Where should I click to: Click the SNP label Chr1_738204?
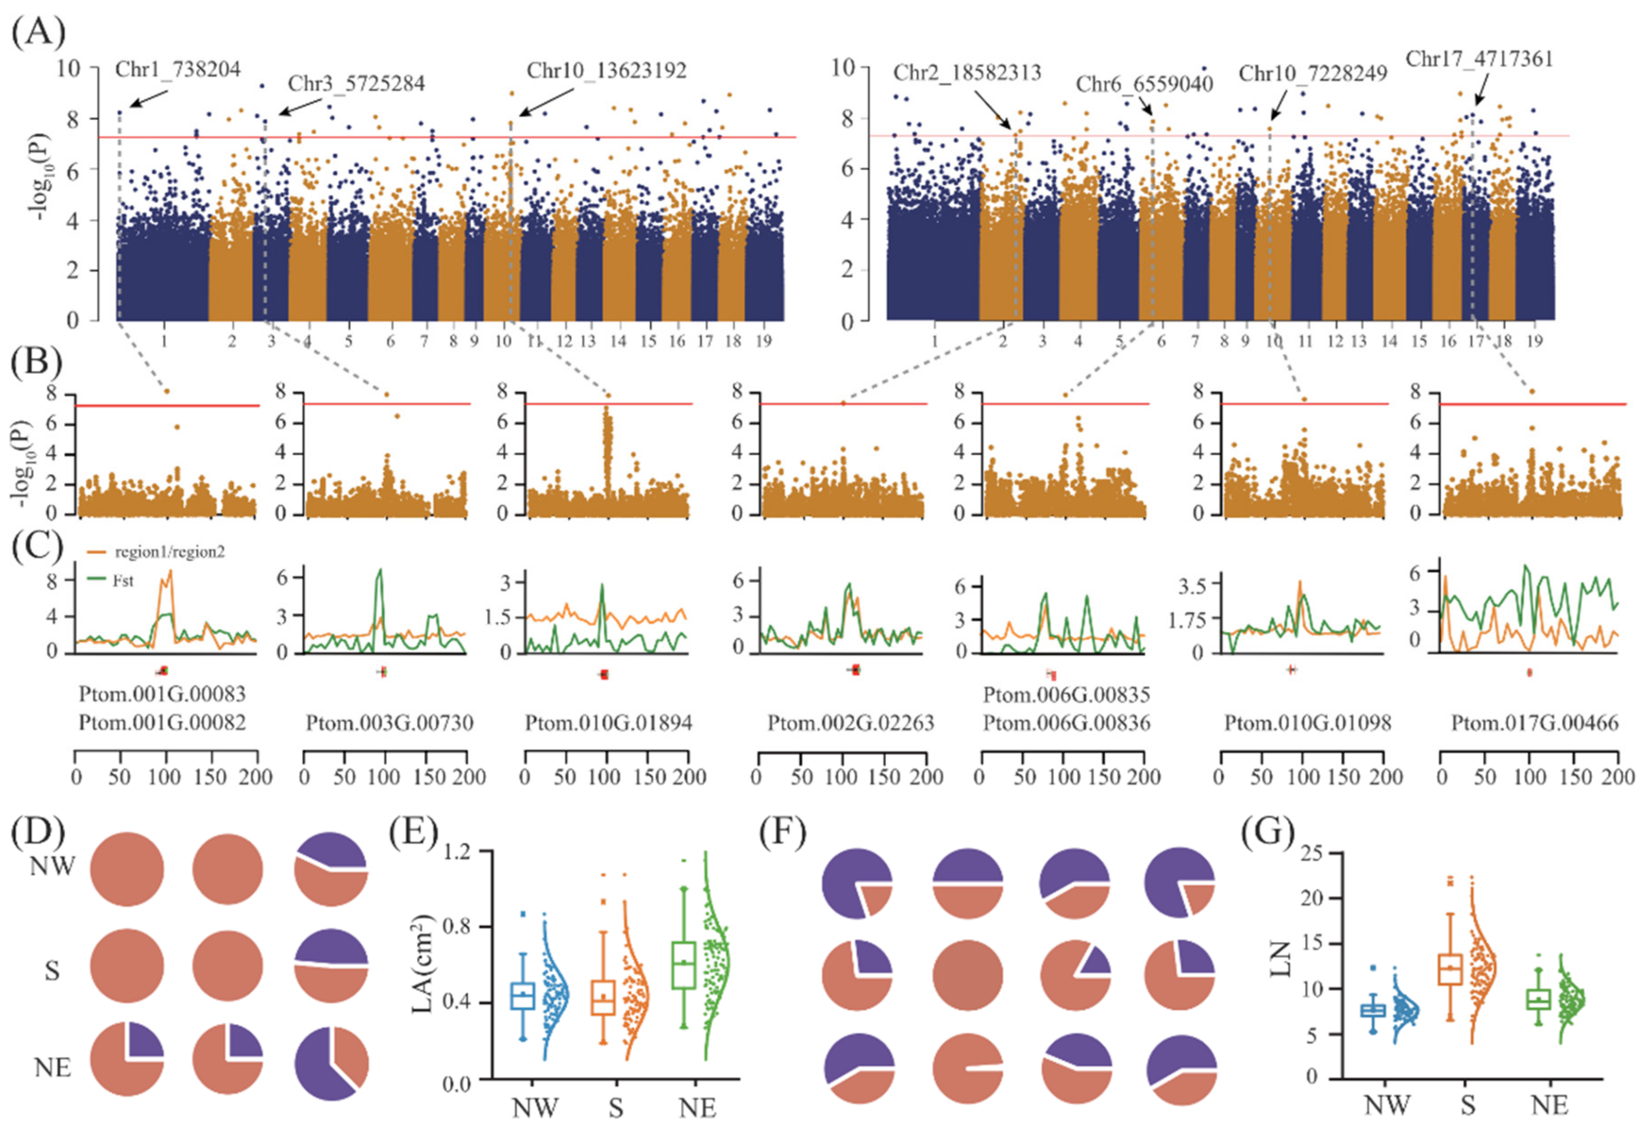click(178, 70)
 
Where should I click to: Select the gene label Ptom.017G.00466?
click(1534, 723)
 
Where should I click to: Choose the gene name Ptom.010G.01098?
click(1308, 723)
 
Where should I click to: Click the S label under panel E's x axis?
click(615, 1107)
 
